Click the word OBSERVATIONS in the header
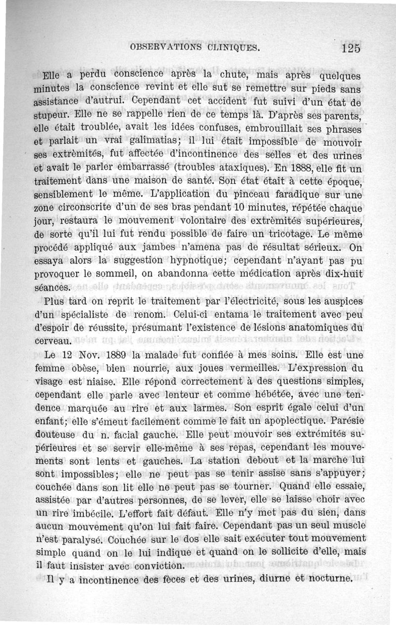164,48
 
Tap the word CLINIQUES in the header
231,48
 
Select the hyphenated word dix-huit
343,272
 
